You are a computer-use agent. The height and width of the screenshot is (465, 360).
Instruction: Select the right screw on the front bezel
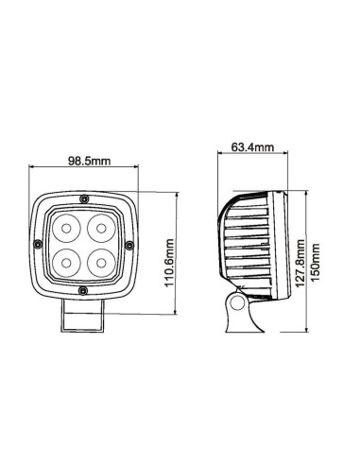130,243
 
